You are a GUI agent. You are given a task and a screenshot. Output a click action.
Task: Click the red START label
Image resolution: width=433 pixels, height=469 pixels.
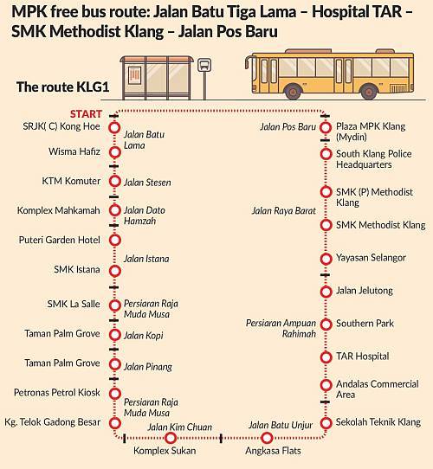pos(86,114)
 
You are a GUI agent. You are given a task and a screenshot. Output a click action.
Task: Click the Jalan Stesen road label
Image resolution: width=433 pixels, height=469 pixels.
pos(147,183)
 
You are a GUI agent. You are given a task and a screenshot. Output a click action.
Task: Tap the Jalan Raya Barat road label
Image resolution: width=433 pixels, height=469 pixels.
pos(284,211)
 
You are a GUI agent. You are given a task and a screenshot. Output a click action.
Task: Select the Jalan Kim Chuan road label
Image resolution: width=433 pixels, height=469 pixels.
pos(179,427)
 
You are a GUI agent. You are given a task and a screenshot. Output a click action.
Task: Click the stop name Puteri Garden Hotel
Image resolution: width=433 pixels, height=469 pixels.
pos(59,240)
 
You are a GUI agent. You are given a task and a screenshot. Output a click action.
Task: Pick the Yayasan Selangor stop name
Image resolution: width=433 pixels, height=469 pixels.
pos(371,258)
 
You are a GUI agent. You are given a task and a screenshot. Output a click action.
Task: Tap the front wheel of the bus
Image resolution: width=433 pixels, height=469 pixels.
pos(294,91)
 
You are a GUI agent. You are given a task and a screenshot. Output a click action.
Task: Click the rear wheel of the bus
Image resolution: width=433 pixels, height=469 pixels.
pos(369,91)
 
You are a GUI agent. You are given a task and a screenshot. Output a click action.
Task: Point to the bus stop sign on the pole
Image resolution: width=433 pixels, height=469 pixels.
pos(204,65)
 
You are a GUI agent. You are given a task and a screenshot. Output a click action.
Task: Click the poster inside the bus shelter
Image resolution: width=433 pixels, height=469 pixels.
pos(134,75)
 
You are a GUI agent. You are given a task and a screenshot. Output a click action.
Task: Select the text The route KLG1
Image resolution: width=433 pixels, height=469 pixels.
pos(62,87)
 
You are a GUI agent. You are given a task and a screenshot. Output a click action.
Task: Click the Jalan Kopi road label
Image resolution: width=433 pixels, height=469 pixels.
pos(144,336)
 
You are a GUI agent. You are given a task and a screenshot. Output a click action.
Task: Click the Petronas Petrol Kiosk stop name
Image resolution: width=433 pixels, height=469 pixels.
pos(57,393)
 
